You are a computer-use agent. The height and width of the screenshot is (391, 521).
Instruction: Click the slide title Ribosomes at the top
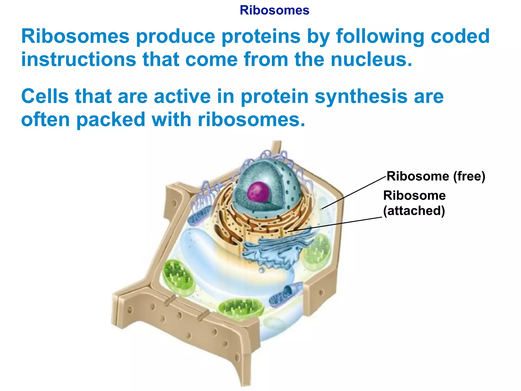pyautogui.click(x=274, y=10)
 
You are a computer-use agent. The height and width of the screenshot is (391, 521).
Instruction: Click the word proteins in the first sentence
pyautogui.click(x=261, y=36)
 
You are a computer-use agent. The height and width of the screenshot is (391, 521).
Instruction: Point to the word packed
pyautogui.click(x=111, y=120)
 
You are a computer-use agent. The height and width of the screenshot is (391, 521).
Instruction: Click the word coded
pyautogui.click(x=460, y=36)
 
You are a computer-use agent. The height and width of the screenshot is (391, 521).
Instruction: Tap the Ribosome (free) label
pyautogui.click(x=436, y=176)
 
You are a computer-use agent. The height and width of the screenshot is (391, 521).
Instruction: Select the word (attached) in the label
pyautogui.click(x=414, y=211)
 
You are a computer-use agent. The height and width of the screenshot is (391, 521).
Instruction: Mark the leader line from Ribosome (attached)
pyautogui.click(x=336, y=224)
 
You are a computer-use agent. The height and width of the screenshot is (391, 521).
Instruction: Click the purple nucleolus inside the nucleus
pyautogui.click(x=258, y=192)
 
